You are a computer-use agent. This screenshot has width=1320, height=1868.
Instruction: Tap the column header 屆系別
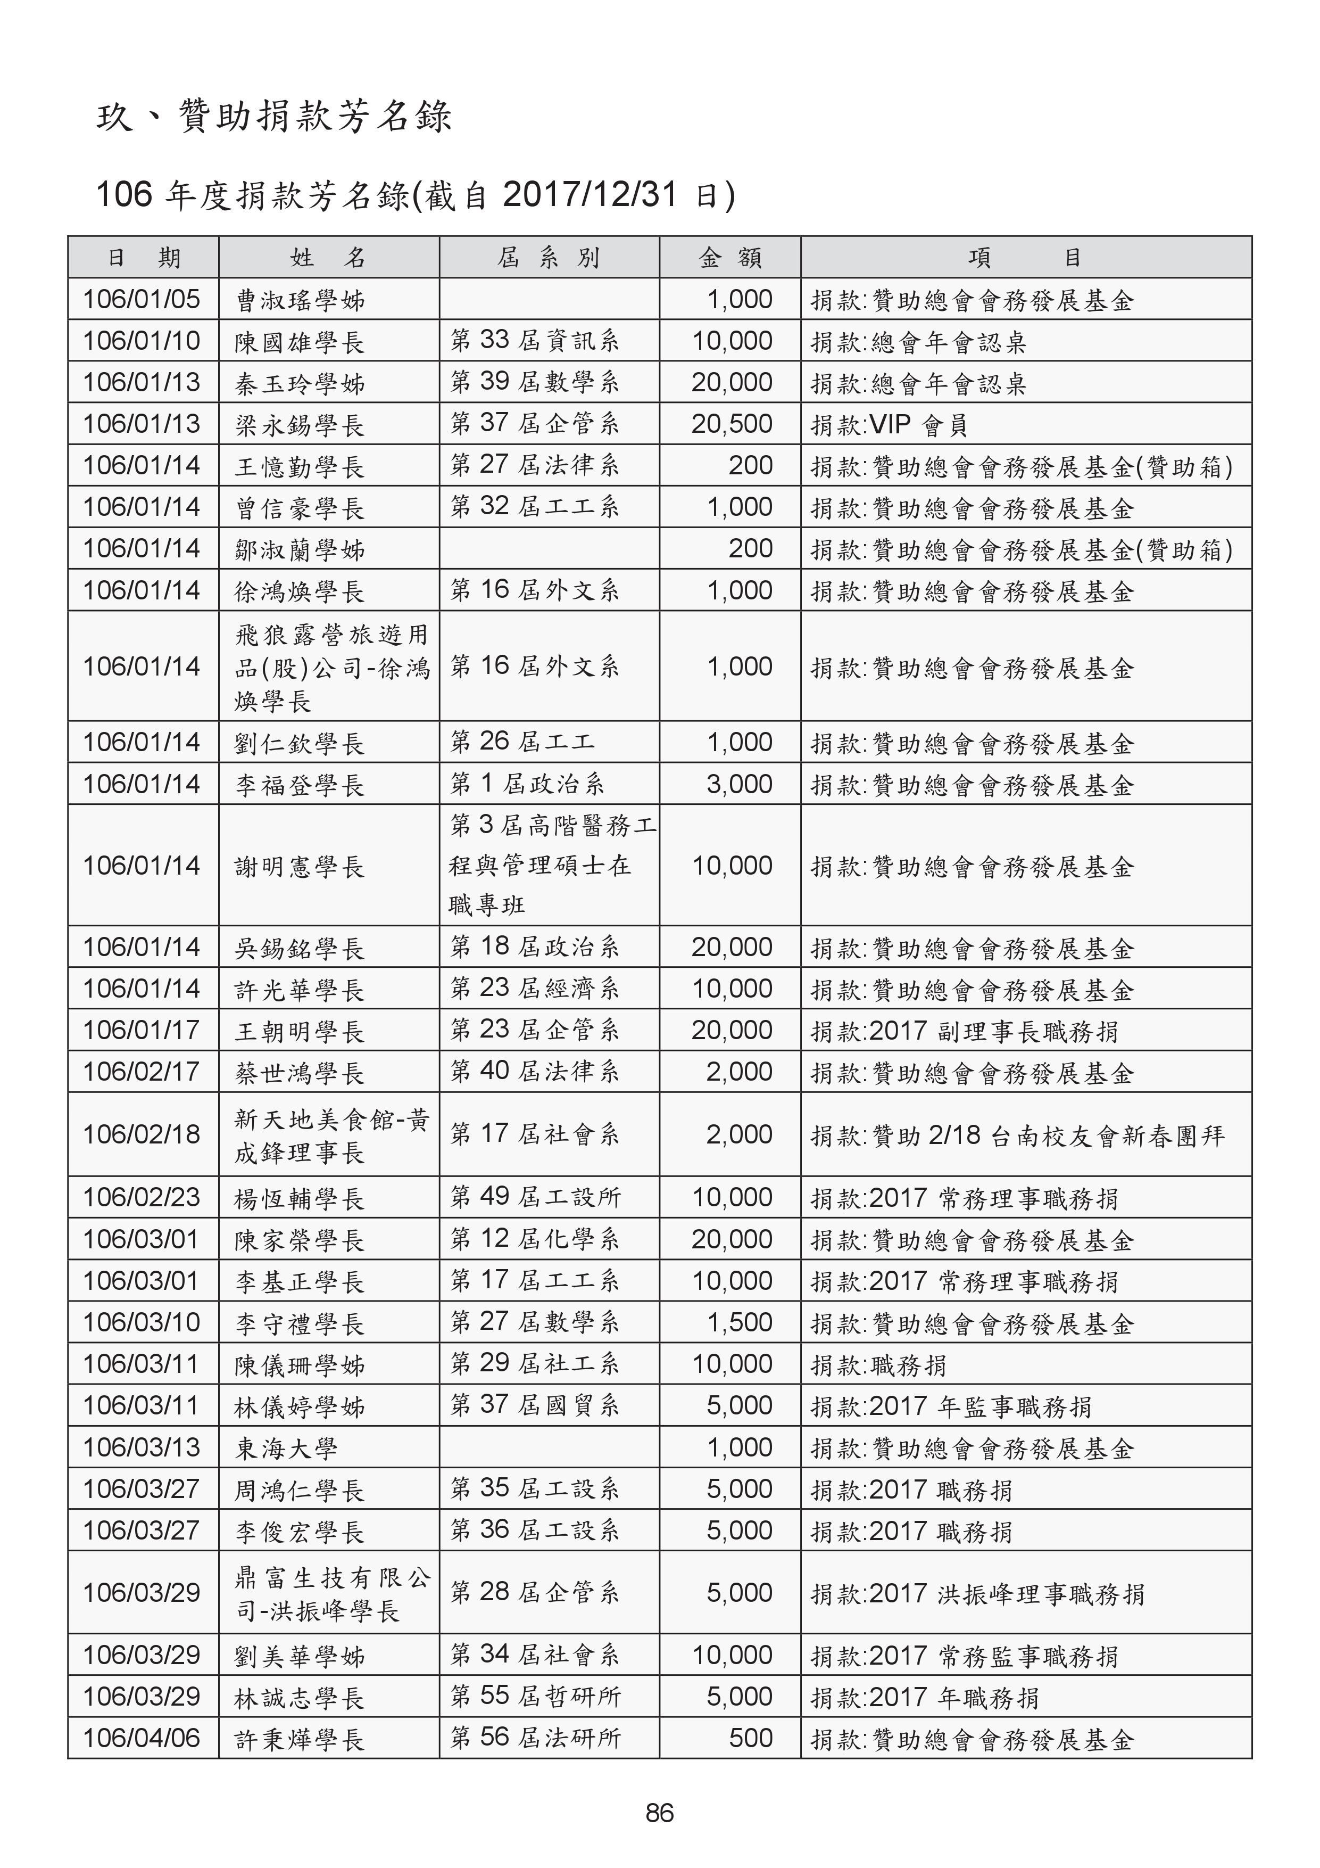549,258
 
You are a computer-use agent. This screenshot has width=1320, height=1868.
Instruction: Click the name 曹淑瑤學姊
300,301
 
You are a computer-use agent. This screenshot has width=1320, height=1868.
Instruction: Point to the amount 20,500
732,424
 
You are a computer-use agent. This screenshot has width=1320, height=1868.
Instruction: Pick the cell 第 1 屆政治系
527,784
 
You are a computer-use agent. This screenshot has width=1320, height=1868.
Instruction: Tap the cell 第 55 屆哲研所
535,1697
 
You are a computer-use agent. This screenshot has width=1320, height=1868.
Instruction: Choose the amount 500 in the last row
750,1738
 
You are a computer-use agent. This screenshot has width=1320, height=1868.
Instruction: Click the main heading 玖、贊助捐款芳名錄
274,117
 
